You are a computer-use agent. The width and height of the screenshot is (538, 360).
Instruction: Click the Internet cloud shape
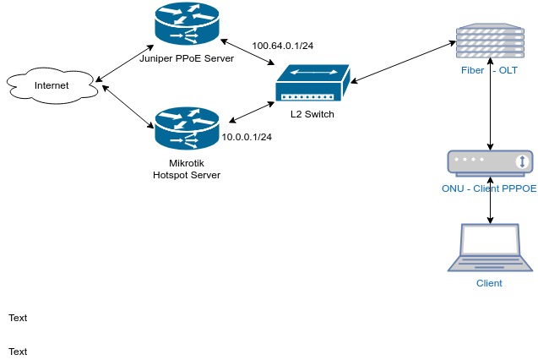click(x=51, y=85)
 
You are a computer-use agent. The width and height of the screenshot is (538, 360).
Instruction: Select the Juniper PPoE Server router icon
click(x=186, y=25)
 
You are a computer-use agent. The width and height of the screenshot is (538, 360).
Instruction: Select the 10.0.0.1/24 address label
click(x=247, y=137)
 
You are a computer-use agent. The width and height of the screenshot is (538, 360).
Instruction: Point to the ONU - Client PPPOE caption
click(x=489, y=188)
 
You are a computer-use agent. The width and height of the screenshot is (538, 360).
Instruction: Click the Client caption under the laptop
click(x=490, y=283)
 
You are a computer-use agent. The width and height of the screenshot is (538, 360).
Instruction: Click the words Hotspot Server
click(x=186, y=174)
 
